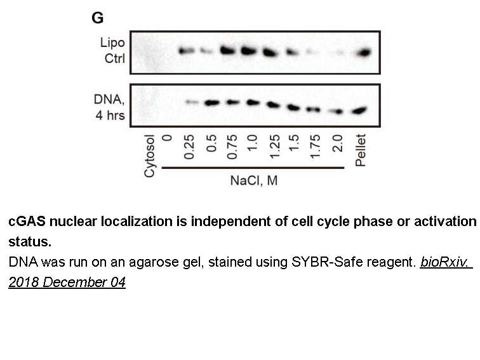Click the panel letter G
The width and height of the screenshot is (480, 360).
pos(97,18)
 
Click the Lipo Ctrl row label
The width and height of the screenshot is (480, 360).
pos(112,51)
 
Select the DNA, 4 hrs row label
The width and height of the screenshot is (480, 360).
pos(109,107)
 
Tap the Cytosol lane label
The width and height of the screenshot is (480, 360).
pos(149,156)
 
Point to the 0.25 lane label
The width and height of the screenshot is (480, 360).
pos(189,147)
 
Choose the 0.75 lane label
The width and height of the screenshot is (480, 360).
pos(232,147)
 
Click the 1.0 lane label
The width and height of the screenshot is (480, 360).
pos(251,143)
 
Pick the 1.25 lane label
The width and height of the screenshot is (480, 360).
pos(274,147)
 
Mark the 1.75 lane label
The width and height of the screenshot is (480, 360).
pos(316,147)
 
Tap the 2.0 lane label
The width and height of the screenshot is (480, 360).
pos(337,143)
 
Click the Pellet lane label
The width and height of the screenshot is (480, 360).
pos(360,150)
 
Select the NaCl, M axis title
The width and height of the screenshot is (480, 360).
pos(254,180)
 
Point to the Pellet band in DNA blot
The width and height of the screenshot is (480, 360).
pos(359,110)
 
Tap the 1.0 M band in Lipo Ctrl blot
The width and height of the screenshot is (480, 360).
pos(249,51)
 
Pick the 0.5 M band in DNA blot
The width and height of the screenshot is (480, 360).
pos(212,103)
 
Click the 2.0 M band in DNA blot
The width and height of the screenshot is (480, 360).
pos(337,112)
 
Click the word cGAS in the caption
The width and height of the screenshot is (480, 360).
pos(27,222)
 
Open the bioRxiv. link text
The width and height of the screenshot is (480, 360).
pos(446,262)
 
